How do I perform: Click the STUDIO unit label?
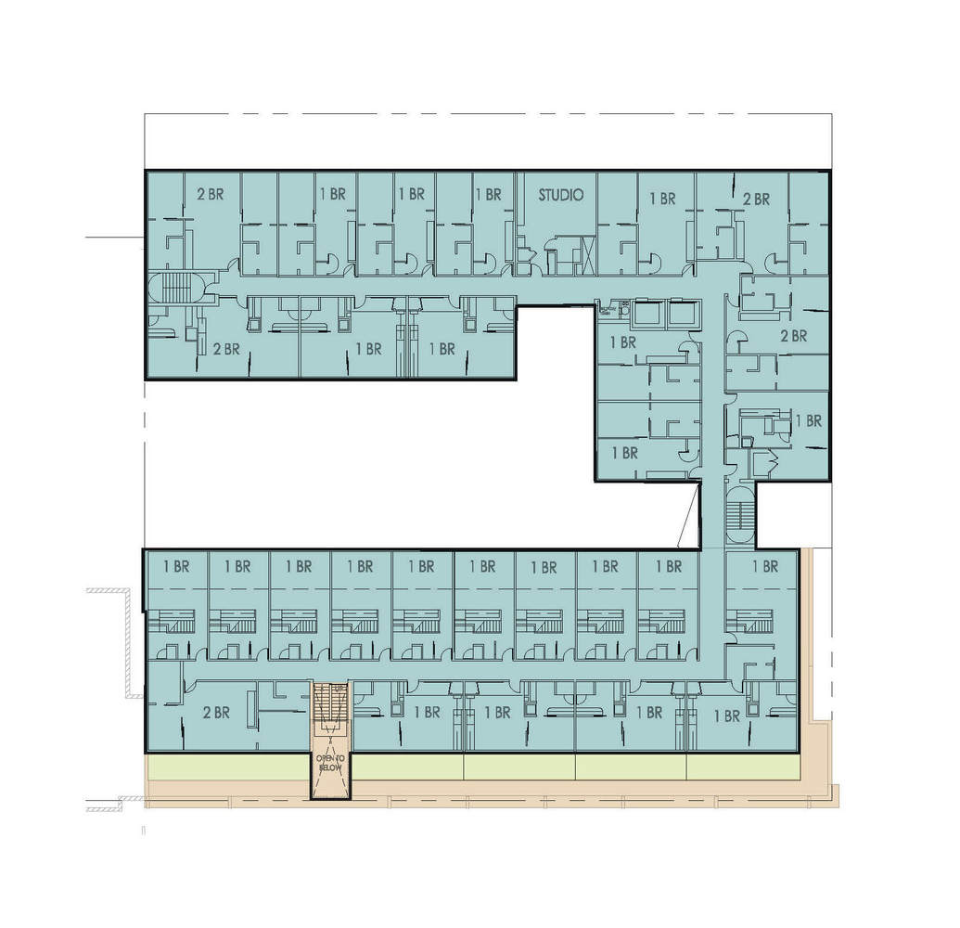pos(561,196)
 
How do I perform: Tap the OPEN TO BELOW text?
pos(330,764)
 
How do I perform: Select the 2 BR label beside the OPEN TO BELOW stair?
pos(215,713)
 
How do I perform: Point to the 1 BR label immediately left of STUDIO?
pos(488,195)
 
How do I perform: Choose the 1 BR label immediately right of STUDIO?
pos(662,198)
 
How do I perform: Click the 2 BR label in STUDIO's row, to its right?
pos(756,199)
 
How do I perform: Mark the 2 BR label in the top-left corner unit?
pos(211,195)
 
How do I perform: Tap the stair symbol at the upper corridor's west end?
pos(176,289)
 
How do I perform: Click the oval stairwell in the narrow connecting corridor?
pos(739,514)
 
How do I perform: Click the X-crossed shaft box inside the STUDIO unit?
pos(585,253)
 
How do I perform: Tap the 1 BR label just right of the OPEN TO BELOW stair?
pos(427,713)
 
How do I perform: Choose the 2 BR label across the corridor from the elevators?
pos(793,336)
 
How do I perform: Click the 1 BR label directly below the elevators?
pos(623,342)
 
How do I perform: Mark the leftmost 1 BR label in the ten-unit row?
pos(176,566)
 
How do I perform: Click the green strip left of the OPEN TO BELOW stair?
pos(228,767)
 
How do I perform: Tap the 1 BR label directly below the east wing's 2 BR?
pos(809,420)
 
